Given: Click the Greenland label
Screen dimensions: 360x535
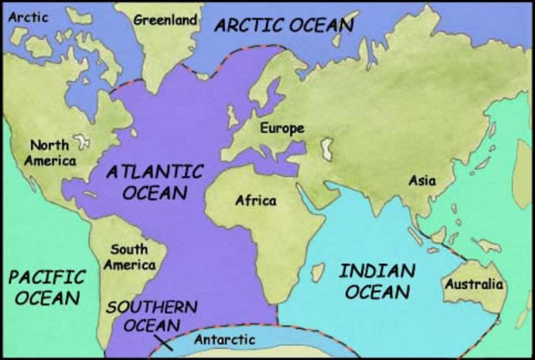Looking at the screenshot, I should (x=166, y=18).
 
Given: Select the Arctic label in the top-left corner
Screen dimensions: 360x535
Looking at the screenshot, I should (x=26, y=16).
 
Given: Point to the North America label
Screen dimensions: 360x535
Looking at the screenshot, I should (x=49, y=152).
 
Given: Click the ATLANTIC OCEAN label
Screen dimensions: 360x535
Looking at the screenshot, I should (x=155, y=182).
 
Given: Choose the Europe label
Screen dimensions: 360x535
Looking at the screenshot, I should (x=282, y=129).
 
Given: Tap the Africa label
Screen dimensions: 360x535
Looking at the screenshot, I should (x=255, y=200).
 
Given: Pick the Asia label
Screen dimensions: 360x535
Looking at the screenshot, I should (x=421, y=180).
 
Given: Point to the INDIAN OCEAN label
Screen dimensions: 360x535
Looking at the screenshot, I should (x=379, y=281).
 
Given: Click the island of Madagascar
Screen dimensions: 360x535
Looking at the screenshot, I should (x=317, y=272).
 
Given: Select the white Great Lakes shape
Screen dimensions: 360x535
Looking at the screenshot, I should (x=82, y=142).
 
